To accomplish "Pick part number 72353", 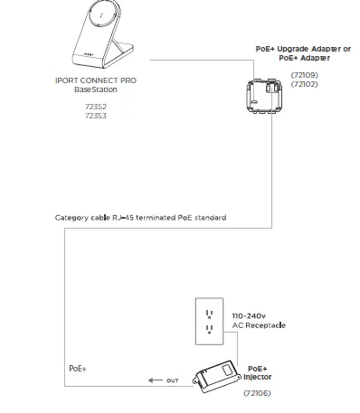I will coord(96,116).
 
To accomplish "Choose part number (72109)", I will coord(304,75).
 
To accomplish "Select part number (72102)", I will coord(304,83).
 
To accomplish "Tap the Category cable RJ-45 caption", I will coord(140,218).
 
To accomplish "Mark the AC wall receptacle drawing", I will coord(211,322).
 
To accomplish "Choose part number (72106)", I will coord(257,393).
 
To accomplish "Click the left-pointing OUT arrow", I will coord(156,380).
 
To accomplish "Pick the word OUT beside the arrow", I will coord(175,380).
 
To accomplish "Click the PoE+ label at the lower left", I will coord(79,370).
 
